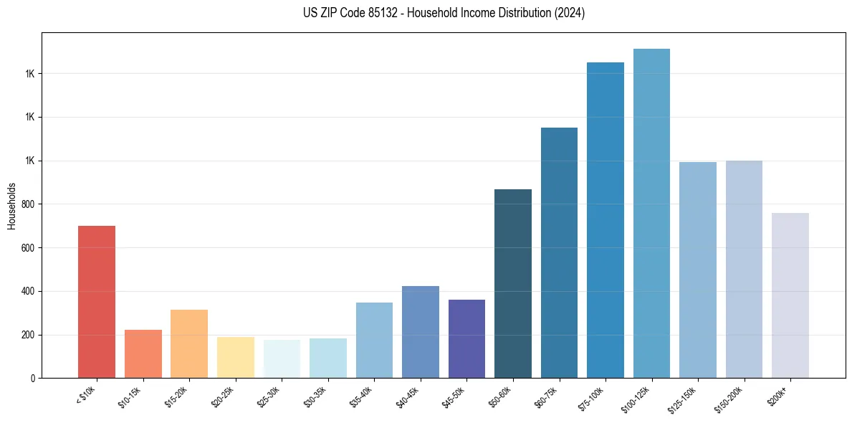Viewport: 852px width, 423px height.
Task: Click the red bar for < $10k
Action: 97,302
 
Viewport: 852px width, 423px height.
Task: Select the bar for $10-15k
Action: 143,353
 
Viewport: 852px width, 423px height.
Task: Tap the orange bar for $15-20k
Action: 189,343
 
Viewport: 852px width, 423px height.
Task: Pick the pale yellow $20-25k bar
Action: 235,357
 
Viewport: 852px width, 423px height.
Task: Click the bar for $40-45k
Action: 420,332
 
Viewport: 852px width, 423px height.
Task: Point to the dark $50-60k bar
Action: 512,283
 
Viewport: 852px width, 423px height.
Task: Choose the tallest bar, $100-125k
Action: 651,213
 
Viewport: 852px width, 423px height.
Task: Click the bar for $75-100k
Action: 605,220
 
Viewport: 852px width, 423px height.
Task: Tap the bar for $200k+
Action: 790,295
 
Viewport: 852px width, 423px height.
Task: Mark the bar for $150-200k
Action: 744,269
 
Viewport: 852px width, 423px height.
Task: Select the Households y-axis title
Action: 12,205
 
